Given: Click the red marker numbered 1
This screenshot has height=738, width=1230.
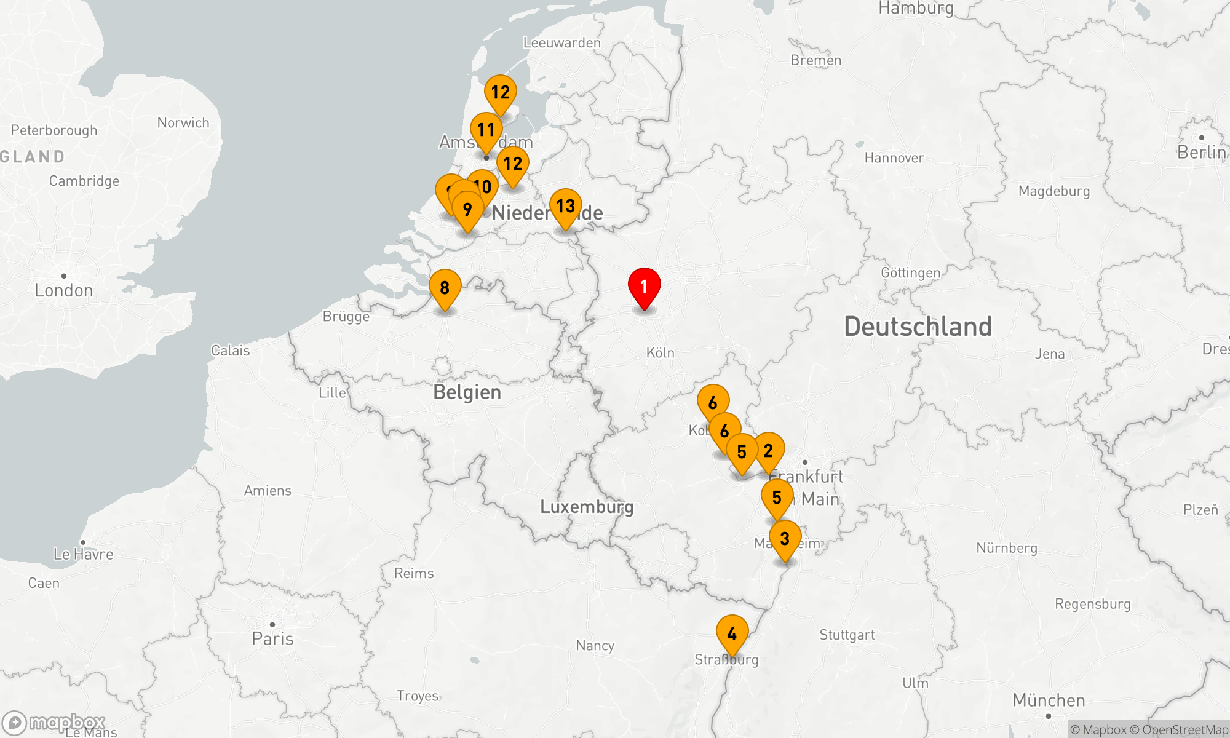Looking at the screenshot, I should click(644, 287).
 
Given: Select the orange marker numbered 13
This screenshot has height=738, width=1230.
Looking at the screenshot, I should click(565, 207).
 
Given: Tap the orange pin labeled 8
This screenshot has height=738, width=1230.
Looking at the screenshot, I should click(445, 288).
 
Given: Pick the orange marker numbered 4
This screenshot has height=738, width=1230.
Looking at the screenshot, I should click(732, 633).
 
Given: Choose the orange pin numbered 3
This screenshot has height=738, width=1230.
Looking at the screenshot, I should click(785, 539).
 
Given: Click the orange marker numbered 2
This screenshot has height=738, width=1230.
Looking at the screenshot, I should click(768, 451).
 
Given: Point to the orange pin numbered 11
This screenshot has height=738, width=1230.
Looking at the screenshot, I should click(486, 130).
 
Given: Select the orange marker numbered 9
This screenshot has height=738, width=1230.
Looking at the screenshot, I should click(467, 210).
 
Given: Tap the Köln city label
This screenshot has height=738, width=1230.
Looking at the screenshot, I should click(660, 353).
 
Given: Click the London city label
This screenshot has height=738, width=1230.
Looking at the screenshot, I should click(64, 290).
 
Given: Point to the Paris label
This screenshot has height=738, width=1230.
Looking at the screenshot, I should click(272, 638).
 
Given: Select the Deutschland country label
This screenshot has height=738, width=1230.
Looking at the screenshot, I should click(918, 327).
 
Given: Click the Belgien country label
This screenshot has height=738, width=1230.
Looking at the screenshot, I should click(467, 392).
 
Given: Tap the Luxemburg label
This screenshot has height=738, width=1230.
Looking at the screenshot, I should click(586, 507).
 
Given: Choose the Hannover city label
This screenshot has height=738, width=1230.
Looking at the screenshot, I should click(894, 158).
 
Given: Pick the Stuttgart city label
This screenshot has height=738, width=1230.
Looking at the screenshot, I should click(846, 635).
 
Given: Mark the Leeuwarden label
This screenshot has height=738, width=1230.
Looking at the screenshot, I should click(561, 42).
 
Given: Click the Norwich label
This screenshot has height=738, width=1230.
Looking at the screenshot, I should click(183, 122).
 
